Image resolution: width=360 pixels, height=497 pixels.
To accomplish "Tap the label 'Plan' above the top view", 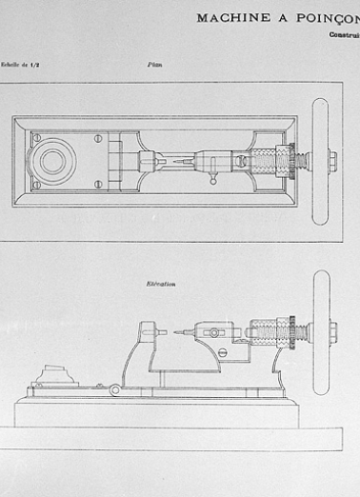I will (153, 66).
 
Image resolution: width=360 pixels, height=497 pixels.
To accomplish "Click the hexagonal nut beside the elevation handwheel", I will (332, 332).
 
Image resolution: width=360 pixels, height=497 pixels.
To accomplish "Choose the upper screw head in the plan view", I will (97, 139).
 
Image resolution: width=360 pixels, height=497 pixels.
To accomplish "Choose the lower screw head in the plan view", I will (97, 184).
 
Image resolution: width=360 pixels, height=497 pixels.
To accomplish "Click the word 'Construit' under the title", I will (344, 35).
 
